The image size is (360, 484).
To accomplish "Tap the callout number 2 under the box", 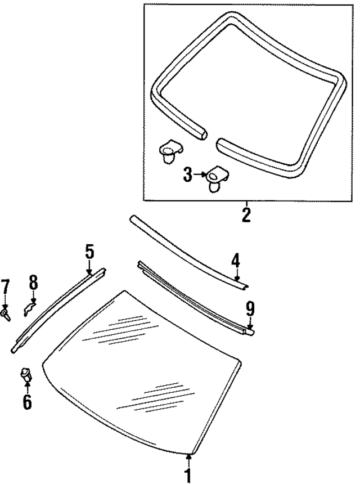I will pos(246,214).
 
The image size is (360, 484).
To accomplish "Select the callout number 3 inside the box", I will pos(188,175).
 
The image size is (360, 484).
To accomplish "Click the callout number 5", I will pos(90,252).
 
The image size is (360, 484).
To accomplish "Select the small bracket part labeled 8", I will pos(29,307).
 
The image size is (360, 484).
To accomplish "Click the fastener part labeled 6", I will pos(26,373).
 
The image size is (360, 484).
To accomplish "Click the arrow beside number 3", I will pos(200,175).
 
